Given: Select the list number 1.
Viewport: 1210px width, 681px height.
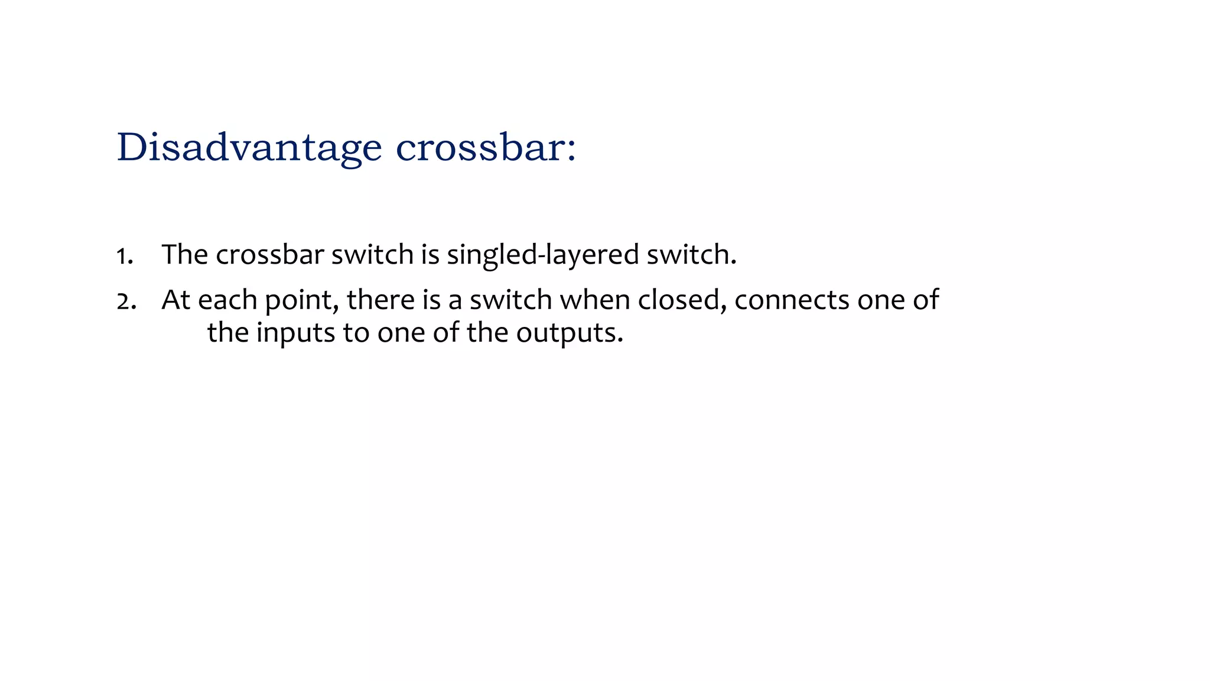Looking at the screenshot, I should pos(123,256).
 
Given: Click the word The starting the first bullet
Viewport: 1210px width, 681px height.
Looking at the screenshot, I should pos(184,255).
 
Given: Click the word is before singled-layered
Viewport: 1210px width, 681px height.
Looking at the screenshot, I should pos(430,255).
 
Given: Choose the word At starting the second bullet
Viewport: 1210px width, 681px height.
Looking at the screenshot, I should pos(175,300).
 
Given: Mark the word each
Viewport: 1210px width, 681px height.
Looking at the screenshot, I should pos(227,300).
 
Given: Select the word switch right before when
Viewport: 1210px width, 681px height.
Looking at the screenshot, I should pos(510,300).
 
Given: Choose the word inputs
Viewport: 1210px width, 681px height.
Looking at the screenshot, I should pos(295,333).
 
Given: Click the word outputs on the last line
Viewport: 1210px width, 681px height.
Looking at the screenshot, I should pos(569,333).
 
